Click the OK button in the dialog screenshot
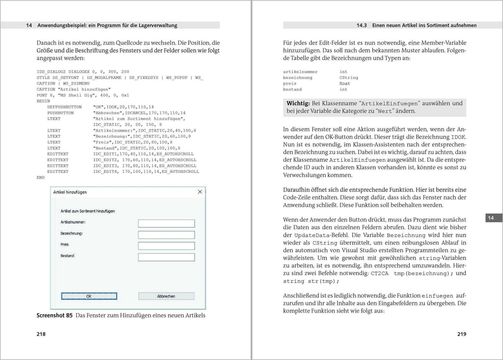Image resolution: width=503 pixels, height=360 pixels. coord(89,296)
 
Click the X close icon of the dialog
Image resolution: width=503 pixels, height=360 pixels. coord(200,192)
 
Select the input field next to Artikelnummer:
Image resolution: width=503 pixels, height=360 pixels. coord(167,223)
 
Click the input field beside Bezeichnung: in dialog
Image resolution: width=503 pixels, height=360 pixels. coord(167,235)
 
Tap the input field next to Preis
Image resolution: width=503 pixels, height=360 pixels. coord(167,246)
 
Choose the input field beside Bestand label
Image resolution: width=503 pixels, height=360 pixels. coord(167,257)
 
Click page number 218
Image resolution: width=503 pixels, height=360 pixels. coord(41,334)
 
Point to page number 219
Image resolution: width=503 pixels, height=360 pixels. coord(461,334)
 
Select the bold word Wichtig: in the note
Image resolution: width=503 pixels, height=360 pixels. coord(298,103)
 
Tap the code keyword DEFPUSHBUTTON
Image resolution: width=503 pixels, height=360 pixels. coord(64,107)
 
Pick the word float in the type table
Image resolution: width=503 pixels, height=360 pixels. coord(345,83)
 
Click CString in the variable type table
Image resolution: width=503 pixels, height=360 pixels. coord(349,78)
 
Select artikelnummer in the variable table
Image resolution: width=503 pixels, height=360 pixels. coord(300,72)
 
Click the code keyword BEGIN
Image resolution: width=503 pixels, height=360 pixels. coord(44,101)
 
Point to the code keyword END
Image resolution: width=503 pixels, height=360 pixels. coord(41,177)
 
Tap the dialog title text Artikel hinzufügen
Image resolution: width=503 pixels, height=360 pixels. coord(70,192)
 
